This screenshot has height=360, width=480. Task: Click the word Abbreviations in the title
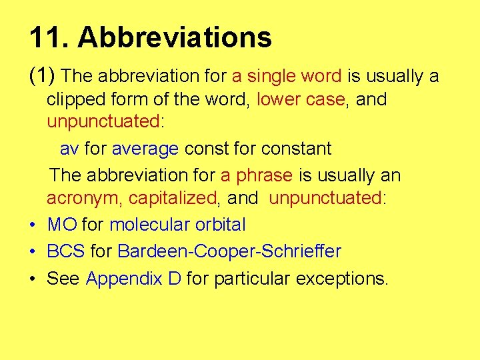click(175, 38)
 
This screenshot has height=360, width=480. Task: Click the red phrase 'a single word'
click(287, 77)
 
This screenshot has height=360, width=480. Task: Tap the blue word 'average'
click(145, 148)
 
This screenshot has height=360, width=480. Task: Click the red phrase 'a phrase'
click(257, 175)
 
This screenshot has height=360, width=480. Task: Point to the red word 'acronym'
click(83, 198)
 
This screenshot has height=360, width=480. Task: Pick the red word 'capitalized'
click(173, 198)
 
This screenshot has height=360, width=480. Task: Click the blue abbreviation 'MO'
click(62, 225)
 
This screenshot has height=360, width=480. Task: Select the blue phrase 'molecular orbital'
click(177, 225)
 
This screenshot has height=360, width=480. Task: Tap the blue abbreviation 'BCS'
click(65, 251)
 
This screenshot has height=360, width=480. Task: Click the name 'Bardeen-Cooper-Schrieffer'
click(229, 251)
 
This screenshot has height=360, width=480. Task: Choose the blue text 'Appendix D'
click(133, 278)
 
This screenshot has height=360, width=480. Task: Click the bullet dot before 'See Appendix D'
click(32, 279)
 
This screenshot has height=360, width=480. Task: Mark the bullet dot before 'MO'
click(32, 225)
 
